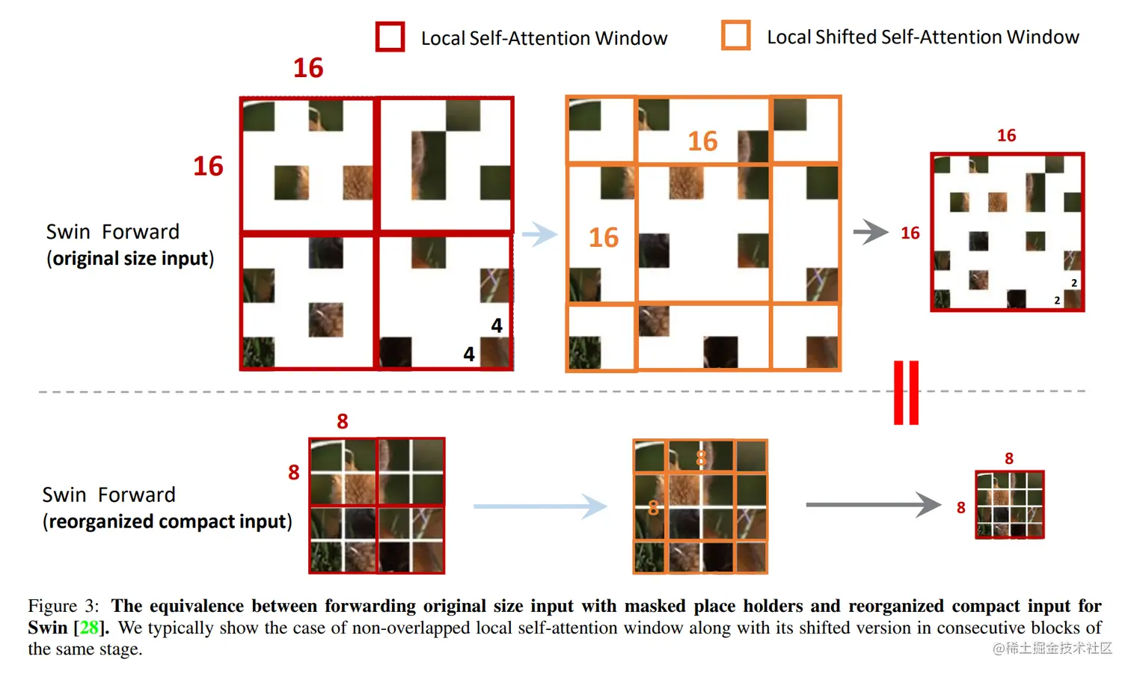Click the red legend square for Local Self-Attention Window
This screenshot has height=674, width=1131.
click(x=390, y=37)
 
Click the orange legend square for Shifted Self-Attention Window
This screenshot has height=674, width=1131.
click(x=735, y=35)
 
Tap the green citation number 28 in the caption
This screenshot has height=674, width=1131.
click(x=88, y=627)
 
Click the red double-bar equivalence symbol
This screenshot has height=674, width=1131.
click(x=906, y=393)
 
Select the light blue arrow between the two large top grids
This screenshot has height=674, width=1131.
click(x=539, y=234)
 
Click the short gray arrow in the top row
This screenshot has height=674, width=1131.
click(x=871, y=232)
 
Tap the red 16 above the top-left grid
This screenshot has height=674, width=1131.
click(x=308, y=68)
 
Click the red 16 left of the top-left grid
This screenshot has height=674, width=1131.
click(x=208, y=166)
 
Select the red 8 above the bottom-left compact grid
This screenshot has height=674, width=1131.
click(x=343, y=421)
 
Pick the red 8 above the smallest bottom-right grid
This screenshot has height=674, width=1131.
click(x=1009, y=459)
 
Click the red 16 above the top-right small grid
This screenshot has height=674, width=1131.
click(x=1006, y=135)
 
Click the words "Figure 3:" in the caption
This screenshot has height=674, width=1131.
click(x=64, y=606)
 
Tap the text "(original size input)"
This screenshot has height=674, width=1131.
click(x=130, y=259)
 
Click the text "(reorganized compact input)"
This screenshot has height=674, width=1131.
click(x=167, y=521)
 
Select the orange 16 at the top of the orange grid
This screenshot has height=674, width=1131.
click(x=702, y=141)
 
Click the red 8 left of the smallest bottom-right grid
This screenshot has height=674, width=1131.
click(x=961, y=508)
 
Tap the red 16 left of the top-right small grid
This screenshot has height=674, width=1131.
click(x=910, y=233)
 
